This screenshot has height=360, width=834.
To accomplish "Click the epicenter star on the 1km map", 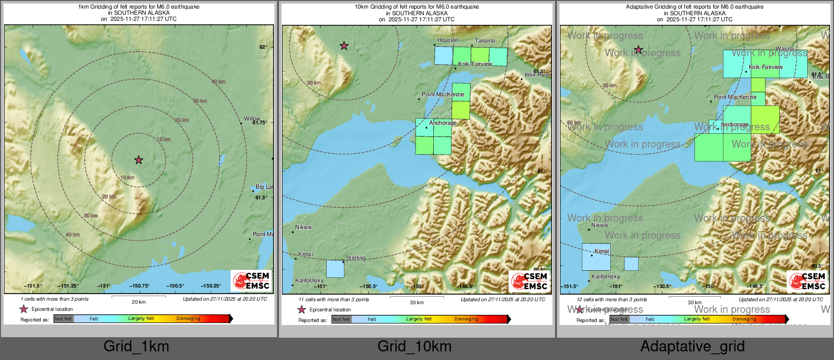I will (138, 160).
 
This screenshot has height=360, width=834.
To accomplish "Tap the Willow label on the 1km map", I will (252, 119).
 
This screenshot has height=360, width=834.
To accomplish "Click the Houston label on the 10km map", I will (447, 41).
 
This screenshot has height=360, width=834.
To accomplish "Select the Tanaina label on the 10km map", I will (485, 41).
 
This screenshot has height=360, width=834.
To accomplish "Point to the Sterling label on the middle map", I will (355, 258).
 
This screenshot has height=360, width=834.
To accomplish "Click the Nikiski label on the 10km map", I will (303, 228).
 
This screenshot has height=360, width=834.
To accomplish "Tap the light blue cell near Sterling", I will (335, 269).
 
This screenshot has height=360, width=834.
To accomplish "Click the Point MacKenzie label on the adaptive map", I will (735, 97).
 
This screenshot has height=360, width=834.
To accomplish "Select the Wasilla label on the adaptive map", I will (785, 49).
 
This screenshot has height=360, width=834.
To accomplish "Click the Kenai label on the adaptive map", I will (602, 251).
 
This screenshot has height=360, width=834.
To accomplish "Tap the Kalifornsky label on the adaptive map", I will (605, 277).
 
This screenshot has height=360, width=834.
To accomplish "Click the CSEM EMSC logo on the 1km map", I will (251, 281).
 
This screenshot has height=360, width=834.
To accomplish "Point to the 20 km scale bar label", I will (138, 302).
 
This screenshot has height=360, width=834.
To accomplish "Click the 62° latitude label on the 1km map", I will (263, 47).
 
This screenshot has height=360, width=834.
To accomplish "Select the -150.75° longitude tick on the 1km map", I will (139, 286).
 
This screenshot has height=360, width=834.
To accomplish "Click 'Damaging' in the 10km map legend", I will (466, 319).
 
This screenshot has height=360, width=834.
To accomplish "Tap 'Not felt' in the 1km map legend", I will (63, 319).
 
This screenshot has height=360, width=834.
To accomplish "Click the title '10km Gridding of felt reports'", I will (416, 7).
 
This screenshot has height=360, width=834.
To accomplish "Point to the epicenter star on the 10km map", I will (344, 46).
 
